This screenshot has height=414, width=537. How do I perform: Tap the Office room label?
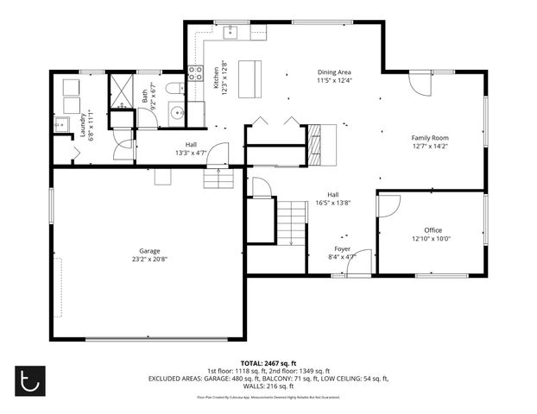pos(433,230)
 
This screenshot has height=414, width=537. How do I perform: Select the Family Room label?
pos(429,138)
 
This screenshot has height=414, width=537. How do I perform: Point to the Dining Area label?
pos(334,72)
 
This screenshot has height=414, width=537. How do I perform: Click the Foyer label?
pos(343,248)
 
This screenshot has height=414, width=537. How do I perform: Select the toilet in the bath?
pos(175,88)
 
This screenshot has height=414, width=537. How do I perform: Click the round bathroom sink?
pos(176,112)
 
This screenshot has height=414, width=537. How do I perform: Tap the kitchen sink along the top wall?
pos(232,33)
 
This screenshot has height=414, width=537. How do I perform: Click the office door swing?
pos(389,205)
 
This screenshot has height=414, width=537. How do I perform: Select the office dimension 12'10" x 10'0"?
pos(433,239)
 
